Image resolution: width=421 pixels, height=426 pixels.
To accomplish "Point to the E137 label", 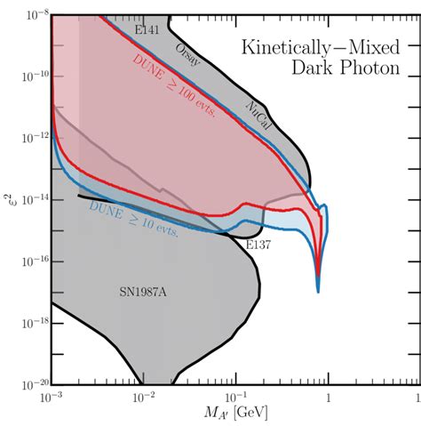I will tap(258, 244).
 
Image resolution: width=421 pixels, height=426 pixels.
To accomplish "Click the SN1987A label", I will tap(142, 292).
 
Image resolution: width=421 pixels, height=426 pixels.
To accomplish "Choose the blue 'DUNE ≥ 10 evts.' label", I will tap(134, 221).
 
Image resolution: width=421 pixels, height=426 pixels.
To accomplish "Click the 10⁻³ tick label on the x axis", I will tap(52, 398).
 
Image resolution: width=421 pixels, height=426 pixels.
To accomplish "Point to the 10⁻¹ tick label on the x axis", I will tap(235, 398).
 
